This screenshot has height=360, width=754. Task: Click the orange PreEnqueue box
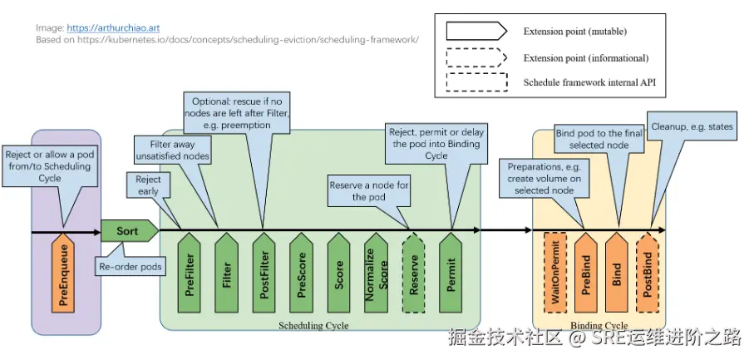pos(63,273)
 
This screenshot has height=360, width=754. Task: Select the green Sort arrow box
pos(130,231)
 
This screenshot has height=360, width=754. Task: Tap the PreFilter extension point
pos(189,273)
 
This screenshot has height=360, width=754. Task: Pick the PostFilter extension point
pos(264,273)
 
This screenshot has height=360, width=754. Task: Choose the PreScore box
pos(302,273)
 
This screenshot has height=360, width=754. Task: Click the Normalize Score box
pos(377,273)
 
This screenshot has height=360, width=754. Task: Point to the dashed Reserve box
pos(413,273)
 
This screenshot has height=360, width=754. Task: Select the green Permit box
pos(451,273)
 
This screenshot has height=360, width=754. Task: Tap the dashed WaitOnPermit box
pos(555,272)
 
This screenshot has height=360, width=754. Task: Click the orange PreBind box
pos(586,272)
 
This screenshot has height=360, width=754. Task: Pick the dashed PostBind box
pos(648,272)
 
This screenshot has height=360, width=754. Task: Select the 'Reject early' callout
pos(148,185)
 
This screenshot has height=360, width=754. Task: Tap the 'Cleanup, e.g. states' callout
pos(692,127)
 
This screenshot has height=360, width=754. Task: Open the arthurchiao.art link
pos(113,28)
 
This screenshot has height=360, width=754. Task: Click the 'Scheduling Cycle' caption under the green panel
pos(313,326)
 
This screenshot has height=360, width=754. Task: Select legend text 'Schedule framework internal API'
pos(589,82)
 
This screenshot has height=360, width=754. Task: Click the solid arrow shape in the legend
pos(477,32)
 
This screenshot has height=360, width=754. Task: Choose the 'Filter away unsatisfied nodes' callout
pos(173,150)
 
